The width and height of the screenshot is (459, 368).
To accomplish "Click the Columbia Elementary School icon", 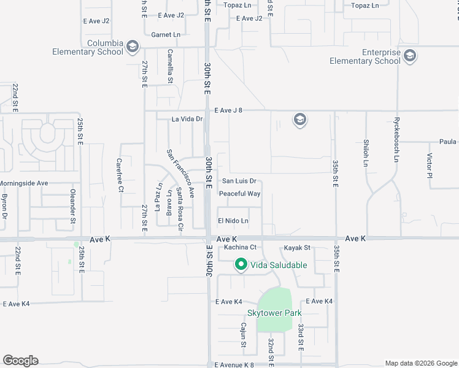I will pos(132,47).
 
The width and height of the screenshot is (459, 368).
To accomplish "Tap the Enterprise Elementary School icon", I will pos(410,57).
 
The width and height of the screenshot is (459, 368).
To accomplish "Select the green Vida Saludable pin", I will pos(241,265).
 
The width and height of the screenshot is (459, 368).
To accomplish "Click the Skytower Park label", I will pos(274,313).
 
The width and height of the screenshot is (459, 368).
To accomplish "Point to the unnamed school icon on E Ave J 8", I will pos(300,119).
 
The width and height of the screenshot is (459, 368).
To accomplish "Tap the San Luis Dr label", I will pos(239,181).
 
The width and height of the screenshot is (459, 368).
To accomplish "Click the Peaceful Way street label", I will pos(240,194).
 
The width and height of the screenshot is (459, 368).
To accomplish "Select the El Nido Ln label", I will pos(233,221).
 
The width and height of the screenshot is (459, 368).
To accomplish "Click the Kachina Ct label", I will pos(239,247).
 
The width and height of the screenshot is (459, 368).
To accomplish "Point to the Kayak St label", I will pos(298,248).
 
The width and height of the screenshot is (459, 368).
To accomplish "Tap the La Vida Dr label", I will pos(187,119).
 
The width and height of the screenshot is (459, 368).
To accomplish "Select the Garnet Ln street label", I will pos(164,35).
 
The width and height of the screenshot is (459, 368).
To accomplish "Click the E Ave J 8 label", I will pos(229,110).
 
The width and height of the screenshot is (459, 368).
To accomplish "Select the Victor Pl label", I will pos(430,166).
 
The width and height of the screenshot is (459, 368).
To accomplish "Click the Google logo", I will pos(20,361).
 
